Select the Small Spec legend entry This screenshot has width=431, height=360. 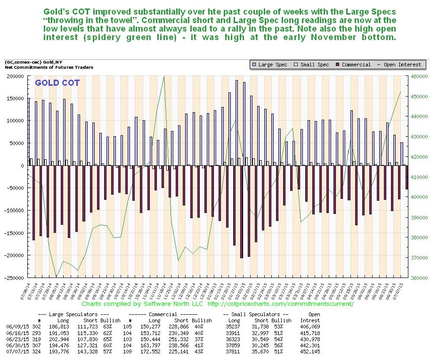[312, 65]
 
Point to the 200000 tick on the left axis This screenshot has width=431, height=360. [16, 76]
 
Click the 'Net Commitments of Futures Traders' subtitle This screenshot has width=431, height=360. [49, 67]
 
